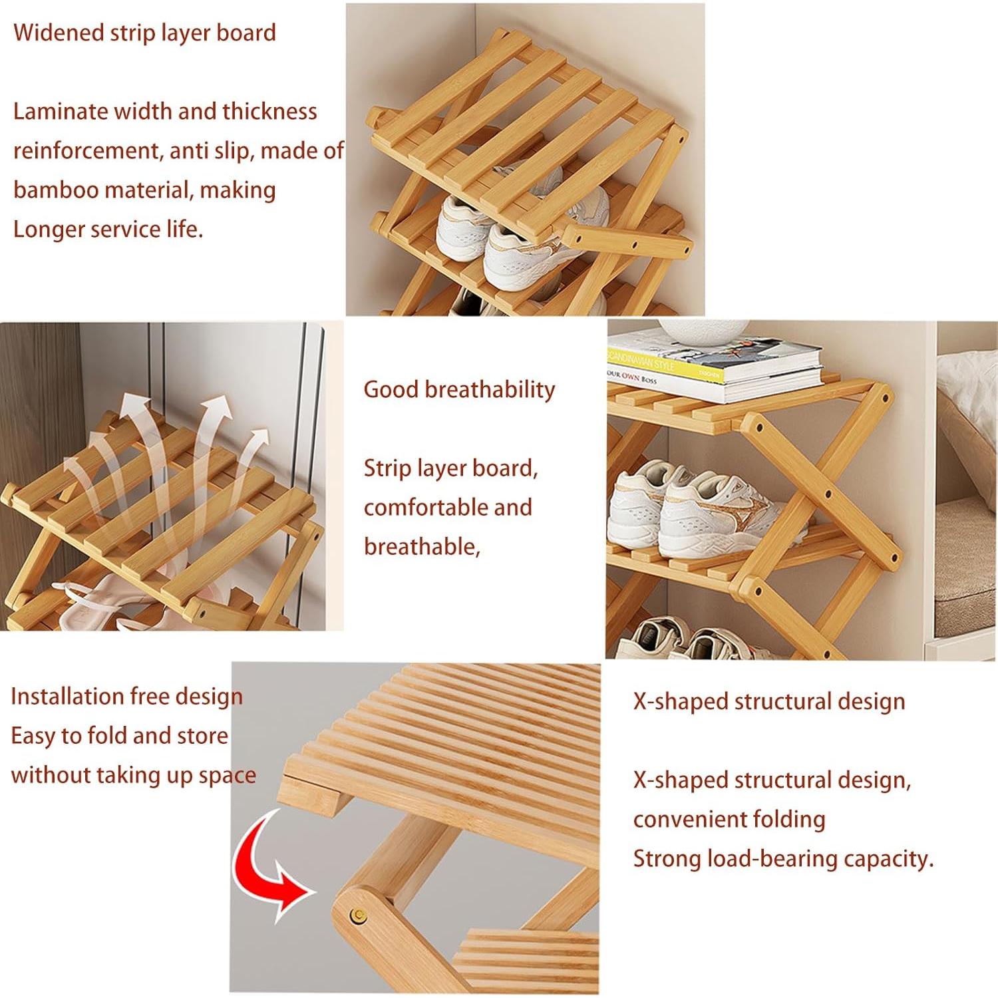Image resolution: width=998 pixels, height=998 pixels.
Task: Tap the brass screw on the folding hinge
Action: coord(359,916)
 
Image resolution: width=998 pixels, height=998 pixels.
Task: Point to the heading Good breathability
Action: coord(459,390)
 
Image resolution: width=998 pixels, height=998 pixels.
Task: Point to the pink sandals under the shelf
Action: coord(100,602)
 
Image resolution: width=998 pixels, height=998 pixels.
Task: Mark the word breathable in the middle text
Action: coord(420,547)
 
